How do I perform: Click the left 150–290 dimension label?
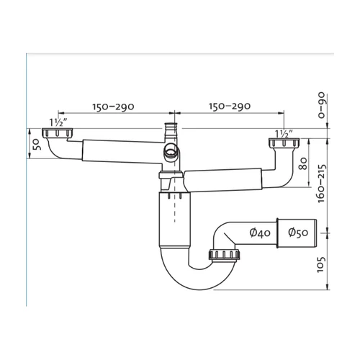click(x=113, y=107)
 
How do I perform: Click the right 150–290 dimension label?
click(x=230, y=106)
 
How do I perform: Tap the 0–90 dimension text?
click(x=321, y=105)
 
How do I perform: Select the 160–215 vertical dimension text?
click(x=321, y=184)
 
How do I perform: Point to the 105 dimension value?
click(x=321, y=265)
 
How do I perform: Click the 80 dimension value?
click(x=303, y=163)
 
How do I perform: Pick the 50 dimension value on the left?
click(x=37, y=145)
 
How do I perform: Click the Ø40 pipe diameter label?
click(x=260, y=233)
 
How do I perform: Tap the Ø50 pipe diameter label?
click(x=298, y=233)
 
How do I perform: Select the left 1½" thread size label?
click(x=58, y=123)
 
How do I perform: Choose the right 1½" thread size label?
click(x=284, y=134)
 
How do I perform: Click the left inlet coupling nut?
click(x=57, y=133)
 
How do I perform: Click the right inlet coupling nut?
click(x=284, y=143)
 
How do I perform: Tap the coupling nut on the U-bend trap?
click(x=224, y=255)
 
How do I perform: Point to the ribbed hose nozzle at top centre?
click(x=171, y=132)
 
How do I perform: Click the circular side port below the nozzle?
click(x=171, y=152)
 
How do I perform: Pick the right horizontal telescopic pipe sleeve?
click(x=222, y=181)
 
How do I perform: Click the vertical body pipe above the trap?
click(x=175, y=220)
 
